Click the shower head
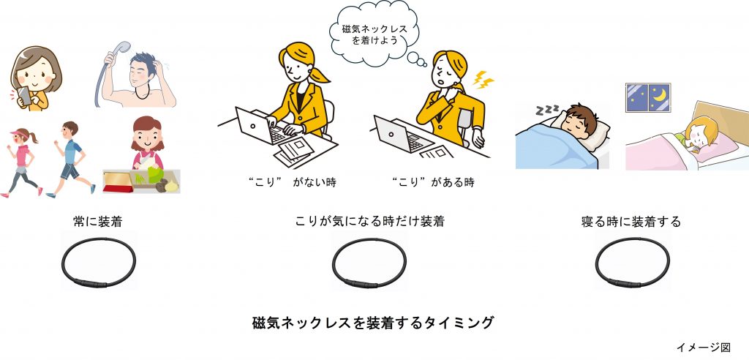tap(122, 48)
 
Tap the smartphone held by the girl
tap(24, 96)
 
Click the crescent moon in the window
tap(660, 96)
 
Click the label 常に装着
tap(97, 222)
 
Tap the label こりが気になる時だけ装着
tap(369, 222)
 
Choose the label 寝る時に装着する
tap(631, 222)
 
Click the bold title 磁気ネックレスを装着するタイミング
tap(372, 323)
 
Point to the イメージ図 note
tap(703, 347)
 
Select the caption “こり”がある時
tap(432, 183)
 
